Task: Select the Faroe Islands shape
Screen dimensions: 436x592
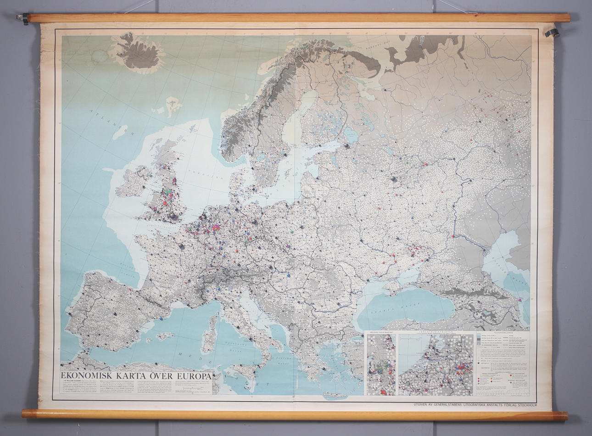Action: pyautogui.click(x=173, y=105)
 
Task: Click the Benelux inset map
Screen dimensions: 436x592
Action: pyautogui.click(x=436, y=364)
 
